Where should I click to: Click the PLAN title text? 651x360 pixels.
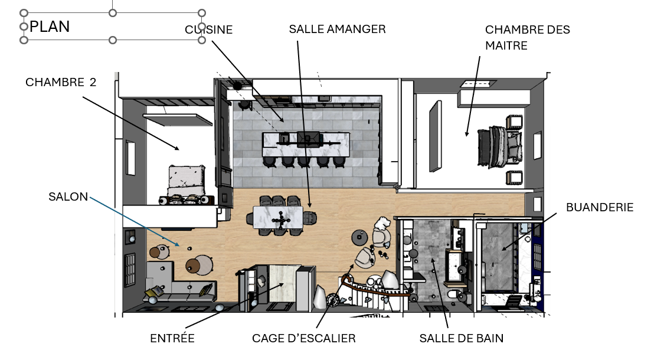50,27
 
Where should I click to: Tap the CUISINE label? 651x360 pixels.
209,29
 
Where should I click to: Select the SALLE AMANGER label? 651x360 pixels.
337,29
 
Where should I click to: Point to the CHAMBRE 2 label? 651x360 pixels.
61,83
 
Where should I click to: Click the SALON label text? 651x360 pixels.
68,197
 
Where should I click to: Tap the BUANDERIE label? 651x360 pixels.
599,207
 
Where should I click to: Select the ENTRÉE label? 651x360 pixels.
172,338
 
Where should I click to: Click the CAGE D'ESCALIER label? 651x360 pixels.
303,338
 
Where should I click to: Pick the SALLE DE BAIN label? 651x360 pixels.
461,338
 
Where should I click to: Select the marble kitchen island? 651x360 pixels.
305,142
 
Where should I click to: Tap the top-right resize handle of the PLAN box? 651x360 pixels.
202,13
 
